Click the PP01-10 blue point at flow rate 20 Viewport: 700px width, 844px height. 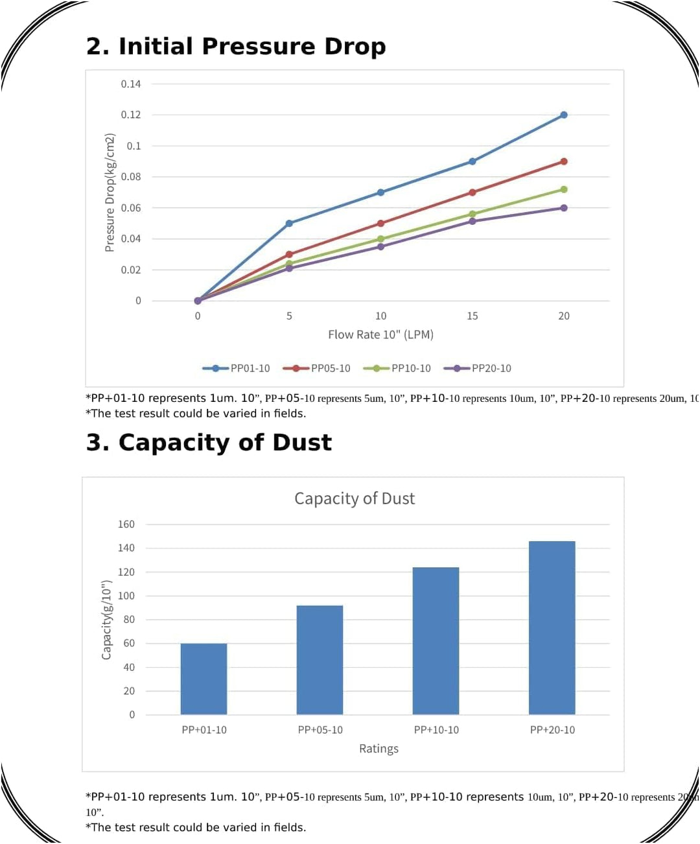564,115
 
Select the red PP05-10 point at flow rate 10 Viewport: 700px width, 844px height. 380,224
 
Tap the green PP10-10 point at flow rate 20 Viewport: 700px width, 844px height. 564,189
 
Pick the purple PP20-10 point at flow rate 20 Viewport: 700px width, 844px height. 564,208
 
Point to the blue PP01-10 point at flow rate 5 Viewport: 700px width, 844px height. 289,224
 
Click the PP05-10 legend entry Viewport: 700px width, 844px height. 317,368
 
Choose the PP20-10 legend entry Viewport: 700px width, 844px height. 478,368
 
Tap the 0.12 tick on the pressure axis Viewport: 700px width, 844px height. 130,115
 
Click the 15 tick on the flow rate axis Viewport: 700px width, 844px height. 472,316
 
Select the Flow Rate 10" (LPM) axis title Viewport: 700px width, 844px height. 380,334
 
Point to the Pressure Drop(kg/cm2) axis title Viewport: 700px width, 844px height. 110,193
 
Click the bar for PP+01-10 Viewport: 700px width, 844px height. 204,679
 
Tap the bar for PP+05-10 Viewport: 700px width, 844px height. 320,660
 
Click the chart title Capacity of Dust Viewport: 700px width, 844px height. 354,498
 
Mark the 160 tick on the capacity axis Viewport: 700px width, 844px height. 126,524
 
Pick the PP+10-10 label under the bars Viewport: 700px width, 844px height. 436,730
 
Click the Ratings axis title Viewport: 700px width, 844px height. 379,749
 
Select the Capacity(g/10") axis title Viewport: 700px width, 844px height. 106,620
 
